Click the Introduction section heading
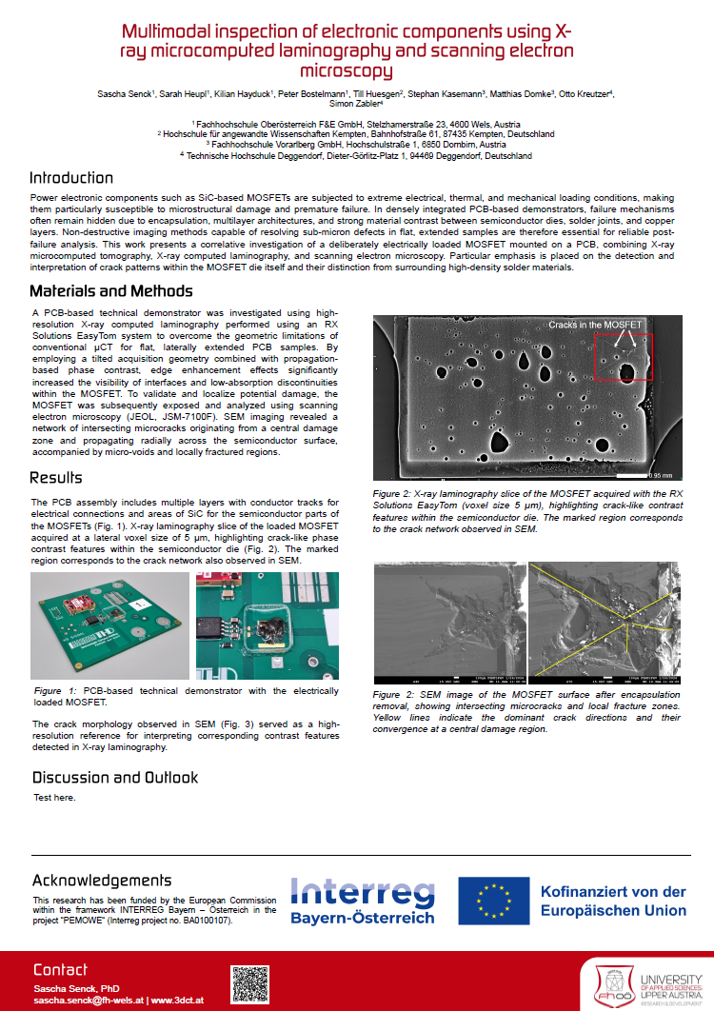(71, 178)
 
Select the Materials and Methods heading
(105, 291)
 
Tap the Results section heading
(56, 478)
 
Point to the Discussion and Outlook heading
(115, 778)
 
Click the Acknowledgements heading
(102, 881)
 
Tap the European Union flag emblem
(493, 902)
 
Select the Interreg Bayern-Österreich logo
(362, 902)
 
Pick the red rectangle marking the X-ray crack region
(623, 356)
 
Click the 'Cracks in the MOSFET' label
(596, 326)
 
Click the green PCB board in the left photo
(105, 624)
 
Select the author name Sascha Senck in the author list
(125, 94)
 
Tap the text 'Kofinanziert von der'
(612, 892)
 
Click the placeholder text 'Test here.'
(54, 797)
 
